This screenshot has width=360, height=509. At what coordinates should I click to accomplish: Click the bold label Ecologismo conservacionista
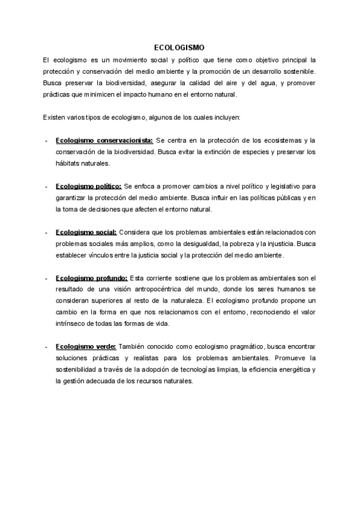[104, 140]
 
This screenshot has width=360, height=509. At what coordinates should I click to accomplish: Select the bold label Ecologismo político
[88, 187]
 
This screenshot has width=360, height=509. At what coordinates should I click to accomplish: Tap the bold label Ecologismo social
[86, 232]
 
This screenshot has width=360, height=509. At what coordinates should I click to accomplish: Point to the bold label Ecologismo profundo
[91, 278]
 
